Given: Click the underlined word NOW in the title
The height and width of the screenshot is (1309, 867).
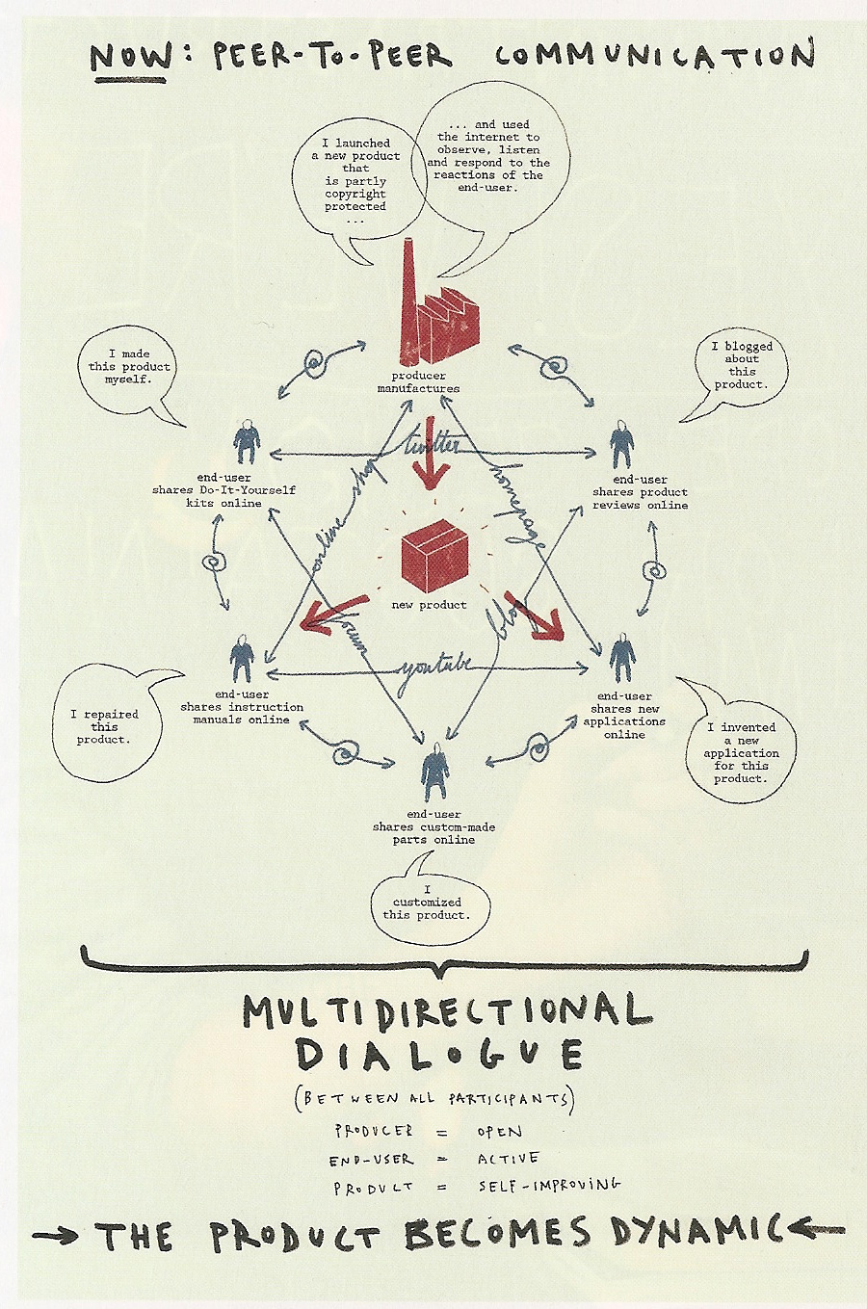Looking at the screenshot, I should pos(133,56).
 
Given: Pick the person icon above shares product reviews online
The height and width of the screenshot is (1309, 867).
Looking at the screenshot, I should pos(622,444).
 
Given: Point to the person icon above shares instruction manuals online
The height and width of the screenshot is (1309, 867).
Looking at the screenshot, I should pos(242,661).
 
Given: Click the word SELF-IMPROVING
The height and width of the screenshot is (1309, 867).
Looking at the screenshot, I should pos(549,1185).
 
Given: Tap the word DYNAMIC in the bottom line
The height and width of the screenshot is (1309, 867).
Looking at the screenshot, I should pos(689,1233).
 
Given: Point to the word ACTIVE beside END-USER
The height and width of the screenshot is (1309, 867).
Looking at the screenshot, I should pos(508,1159).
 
